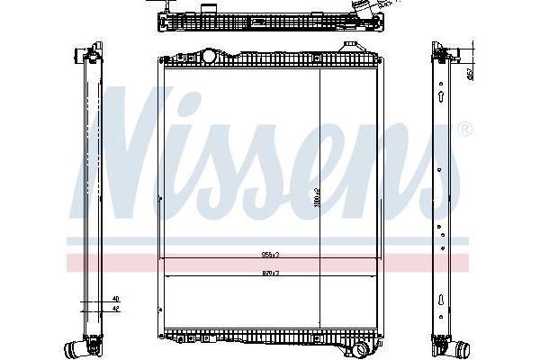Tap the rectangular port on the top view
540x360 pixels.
point(210,10)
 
